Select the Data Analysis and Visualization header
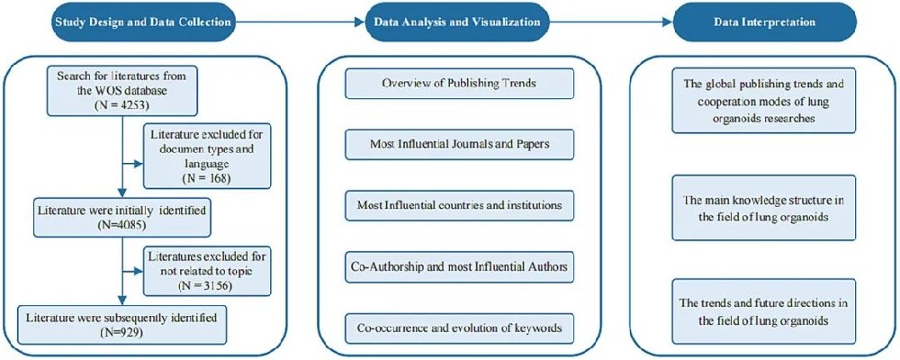pos(449,22)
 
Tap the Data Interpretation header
pos(753,22)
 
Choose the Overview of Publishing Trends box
pos(458,84)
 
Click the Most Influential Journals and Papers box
pos(458,144)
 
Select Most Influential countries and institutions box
pos(458,205)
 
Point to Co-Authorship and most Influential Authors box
pos(458,266)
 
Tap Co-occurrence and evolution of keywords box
pos(458,328)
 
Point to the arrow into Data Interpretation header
pos(610,22)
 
